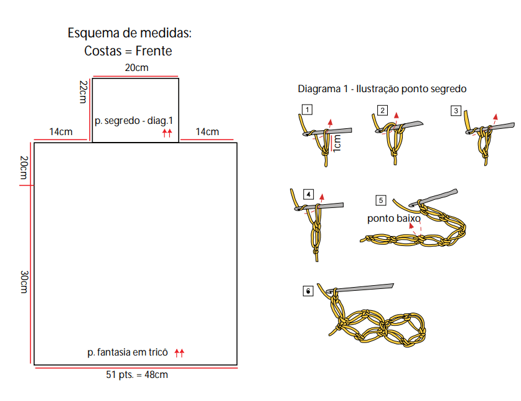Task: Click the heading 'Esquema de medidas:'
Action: pyautogui.click(x=129, y=33)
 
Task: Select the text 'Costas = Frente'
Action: pyautogui.click(x=128, y=51)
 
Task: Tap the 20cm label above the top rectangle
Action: pyautogui.click(x=136, y=67)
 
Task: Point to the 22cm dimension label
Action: pyautogui.click(x=83, y=92)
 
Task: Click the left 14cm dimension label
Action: pyautogui.click(x=61, y=131)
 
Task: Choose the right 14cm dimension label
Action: pyautogui.click(x=207, y=131)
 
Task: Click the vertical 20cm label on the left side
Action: pyautogui.click(x=24, y=167)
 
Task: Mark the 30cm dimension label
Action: pyautogui.click(x=24, y=282)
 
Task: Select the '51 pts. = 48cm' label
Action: pyautogui.click(x=137, y=375)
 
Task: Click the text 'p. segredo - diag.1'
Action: pyautogui.click(x=134, y=121)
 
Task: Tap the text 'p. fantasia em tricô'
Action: pyautogui.click(x=128, y=352)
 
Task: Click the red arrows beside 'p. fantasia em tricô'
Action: pyautogui.click(x=179, y=353)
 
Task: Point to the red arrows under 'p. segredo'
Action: pyautogui.click(x=167, y=133)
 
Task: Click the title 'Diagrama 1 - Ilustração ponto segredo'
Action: pyautogui.click(x=382, y=89)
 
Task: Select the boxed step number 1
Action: pyautogui.click(x=307, y=110)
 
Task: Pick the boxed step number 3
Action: pyautogui.click(x=456, y=110)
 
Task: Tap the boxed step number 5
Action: pyautogui.click(x=381, y=200)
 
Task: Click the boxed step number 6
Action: pyautogui.click(x=308, y=291)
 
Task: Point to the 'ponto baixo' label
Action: pyautogui.click(x=394, y=219)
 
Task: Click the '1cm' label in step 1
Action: pyautogui.click(x=337, y=143)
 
